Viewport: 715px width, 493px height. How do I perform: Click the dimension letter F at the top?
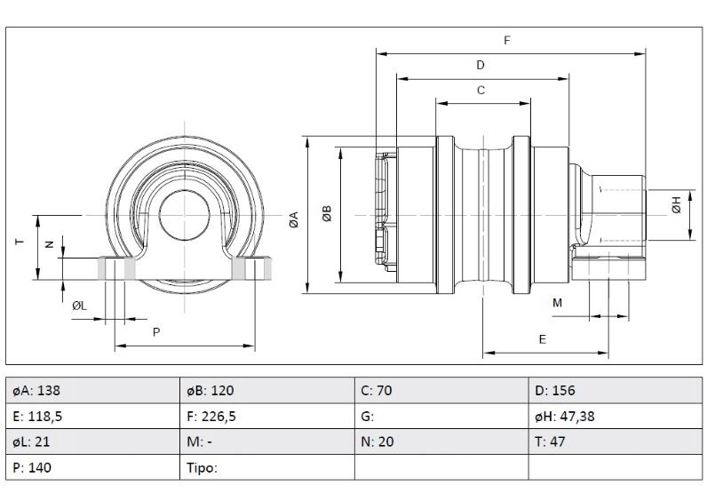(x=507, y=40)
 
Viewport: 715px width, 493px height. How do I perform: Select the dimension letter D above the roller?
(x=481, y=65)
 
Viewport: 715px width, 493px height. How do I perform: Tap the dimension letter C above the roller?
(x=481, y=90)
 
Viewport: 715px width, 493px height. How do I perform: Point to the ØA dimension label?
(x=293, y=215)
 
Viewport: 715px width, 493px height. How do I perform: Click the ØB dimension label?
(x=327, y=214)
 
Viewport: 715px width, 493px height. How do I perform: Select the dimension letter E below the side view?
(x=543, y=339)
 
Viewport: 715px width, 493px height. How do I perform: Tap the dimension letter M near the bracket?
(x=558, y=303)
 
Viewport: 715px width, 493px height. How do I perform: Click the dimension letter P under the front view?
(x=156, y=332)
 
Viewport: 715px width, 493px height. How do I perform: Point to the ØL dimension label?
(x=79, y=306)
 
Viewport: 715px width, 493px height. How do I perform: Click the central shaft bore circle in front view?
(x=184, y=216)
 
